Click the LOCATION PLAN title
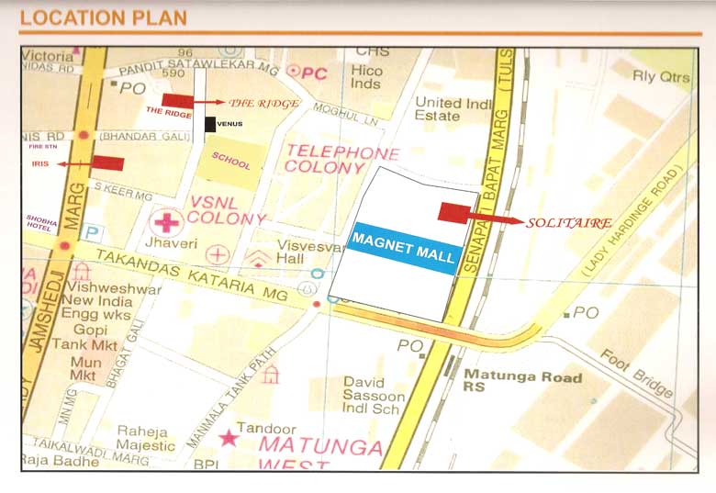(103, 17)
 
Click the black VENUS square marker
(210, 124)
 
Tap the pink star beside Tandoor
(227, 438)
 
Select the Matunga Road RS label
(522, 383)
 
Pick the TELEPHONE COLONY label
(341, 160)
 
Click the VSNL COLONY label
(227, 210)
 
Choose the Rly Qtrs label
(661, 76)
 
